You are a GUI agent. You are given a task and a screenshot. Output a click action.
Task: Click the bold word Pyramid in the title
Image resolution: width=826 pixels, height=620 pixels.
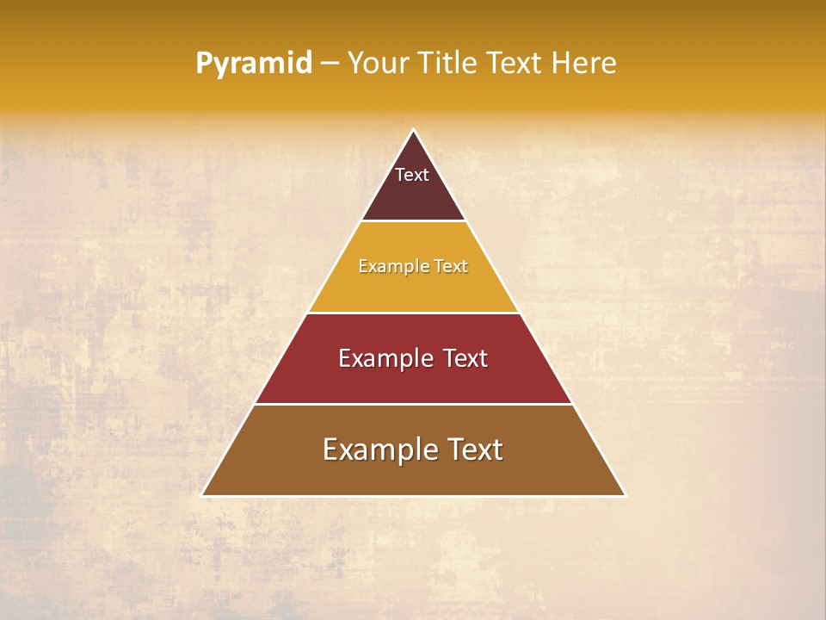254,64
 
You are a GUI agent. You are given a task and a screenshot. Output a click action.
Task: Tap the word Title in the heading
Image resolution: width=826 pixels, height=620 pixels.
451,64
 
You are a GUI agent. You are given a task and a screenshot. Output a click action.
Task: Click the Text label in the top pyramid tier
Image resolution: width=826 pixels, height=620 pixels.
412,175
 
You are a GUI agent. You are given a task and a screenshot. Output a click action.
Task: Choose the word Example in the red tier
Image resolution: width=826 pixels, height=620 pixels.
383,358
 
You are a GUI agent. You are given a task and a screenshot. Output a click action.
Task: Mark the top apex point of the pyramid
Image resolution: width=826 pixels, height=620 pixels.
414,130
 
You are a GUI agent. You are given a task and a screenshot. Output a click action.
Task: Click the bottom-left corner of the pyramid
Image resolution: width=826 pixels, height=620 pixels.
202,496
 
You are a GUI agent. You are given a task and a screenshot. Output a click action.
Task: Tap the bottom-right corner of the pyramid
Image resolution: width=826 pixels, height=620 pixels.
626,496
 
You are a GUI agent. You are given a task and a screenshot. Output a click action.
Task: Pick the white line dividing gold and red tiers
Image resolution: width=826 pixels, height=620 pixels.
414,313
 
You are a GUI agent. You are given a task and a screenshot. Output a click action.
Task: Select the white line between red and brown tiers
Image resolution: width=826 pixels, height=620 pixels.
414,404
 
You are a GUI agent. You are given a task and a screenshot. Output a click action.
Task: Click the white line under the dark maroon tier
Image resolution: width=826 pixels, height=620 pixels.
414,221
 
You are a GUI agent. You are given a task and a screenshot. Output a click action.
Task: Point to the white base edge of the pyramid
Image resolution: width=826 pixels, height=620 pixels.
414,496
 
